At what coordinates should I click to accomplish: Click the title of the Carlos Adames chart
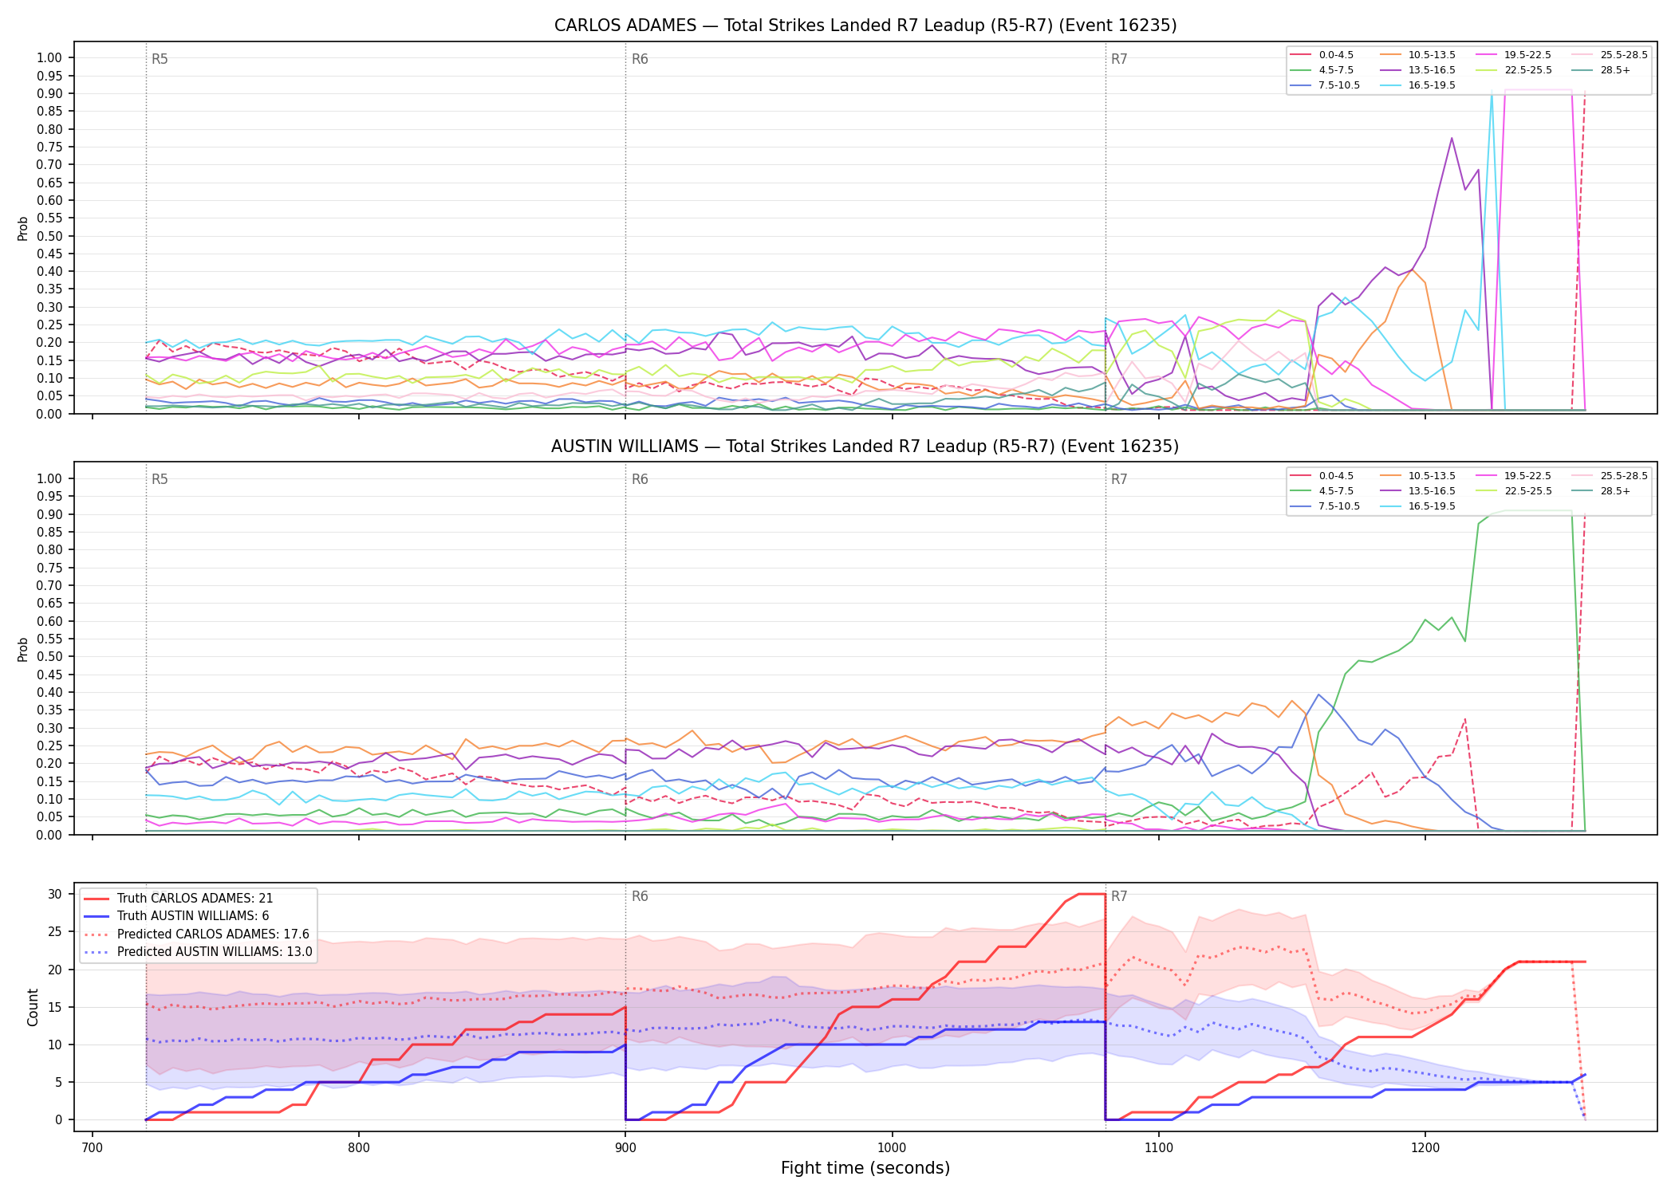[865, 26]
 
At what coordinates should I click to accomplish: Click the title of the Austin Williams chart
[865, 447]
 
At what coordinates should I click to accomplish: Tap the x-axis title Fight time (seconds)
[865, 1168]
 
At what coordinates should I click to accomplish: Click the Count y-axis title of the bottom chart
[33, 1007]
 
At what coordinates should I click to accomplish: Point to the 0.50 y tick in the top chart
[49, 236]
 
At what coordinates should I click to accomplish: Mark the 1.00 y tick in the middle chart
[49, 478]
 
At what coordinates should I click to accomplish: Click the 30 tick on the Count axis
[55, 894]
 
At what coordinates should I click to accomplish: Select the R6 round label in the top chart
[640, 59]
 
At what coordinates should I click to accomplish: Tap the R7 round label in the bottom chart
[1119, 896]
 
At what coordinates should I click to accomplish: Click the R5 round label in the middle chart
[160, 479]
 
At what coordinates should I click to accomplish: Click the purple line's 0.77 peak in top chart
[1452, 138]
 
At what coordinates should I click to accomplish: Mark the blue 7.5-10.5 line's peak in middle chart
[1318, 694]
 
